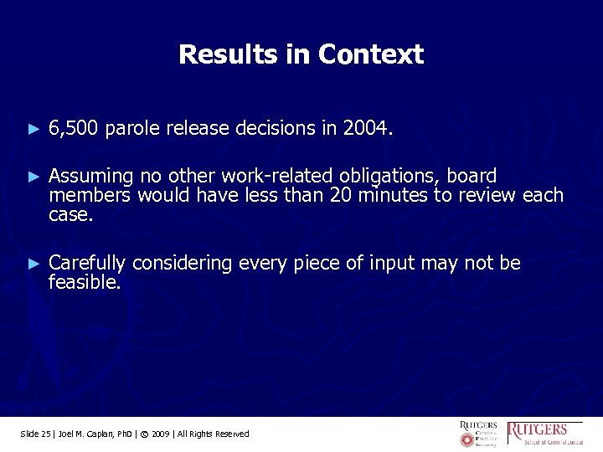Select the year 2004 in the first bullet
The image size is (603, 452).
tap(365, 129)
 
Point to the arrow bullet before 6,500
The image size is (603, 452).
tap(33, 130)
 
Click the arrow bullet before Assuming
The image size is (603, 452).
tap(33, 177)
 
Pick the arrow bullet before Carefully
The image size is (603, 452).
tap(33, 264)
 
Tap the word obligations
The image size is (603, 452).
tap(390, 177)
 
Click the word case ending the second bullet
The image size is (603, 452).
tap(70, 214)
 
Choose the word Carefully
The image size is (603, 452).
tap(87, 264)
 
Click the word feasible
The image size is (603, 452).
tap(84, 283)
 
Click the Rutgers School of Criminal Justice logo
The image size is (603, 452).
tap(548, 432)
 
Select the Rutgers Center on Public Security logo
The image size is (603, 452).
tap(478, 432)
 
